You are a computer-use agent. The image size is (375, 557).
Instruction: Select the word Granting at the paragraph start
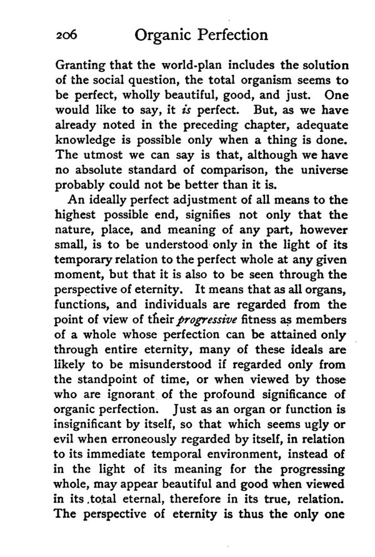coord(80,66)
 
